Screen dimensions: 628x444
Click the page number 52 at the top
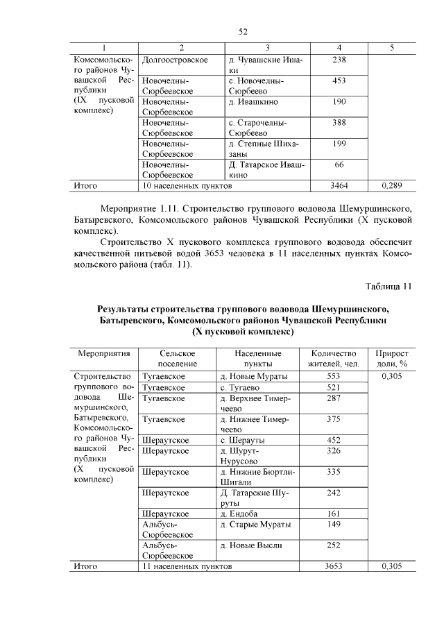coord(243,32)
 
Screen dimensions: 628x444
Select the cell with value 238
coord(339,60)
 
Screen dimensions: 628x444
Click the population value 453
coord(339,81)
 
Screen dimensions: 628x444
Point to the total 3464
coord(339,186)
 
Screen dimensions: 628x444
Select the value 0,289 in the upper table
coord(392,186)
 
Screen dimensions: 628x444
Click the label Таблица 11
coord(388,286)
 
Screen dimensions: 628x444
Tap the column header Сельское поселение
coord(177,358)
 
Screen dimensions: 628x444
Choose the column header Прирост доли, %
coord(392,358)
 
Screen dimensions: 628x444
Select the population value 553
coord(334,376)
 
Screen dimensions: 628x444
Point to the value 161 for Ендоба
coord(334,514)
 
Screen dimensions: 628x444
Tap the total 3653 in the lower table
coord(334,566)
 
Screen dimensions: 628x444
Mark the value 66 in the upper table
coord(339,164)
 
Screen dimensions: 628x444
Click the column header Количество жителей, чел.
coord(334,358)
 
